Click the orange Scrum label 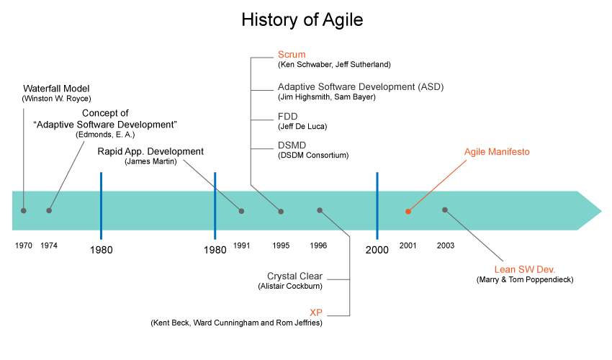292,55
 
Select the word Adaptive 296,87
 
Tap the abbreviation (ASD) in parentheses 431,87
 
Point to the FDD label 288,117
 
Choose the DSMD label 292,145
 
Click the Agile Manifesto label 497,153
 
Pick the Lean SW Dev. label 525,270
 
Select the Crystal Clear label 295,276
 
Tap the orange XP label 315,313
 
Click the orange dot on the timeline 408,212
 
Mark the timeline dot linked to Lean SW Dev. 445,210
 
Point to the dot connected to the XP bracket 320,210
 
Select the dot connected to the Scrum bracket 281,211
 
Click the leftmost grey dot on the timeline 24,210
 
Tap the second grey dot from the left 49,210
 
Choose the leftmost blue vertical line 101,205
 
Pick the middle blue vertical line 215,205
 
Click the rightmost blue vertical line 377,205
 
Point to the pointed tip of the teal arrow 600,210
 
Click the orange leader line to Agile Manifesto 439,184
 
